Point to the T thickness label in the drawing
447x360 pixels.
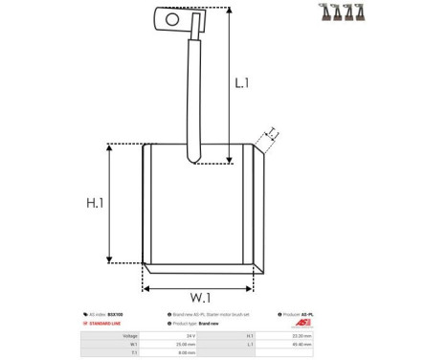coord(272,134)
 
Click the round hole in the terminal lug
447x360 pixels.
coord(172,16)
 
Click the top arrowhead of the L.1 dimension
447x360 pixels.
coord(231,10)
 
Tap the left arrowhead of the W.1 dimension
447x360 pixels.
coord(146,287)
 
